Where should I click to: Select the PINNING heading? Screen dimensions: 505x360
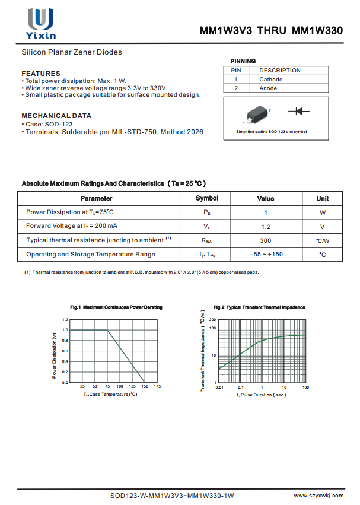tap(243, 61)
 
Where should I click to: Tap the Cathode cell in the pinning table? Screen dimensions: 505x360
tap(271, 79)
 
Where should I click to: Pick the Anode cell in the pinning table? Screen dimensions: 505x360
tap(268, 88)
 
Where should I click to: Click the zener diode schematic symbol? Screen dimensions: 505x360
tap(299, 111)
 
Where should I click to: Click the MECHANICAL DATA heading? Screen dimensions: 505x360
tap(56, 116)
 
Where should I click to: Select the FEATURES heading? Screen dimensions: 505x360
tap(41, 74)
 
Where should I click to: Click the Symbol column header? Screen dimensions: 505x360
tap(207, 198)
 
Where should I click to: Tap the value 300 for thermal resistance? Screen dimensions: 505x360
tap(266, 240)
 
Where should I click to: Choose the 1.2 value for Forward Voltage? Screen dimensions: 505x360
tap(266, 227)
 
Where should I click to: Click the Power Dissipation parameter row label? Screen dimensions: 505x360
tap(70, 212)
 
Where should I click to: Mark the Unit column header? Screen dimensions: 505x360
tap(322, 198)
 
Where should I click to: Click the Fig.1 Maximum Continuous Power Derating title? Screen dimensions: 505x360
tap(116, 307)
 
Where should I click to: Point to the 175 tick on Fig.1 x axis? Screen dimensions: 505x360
tap(157, 386)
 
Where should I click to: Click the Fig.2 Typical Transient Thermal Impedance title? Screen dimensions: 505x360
tap(259, 307)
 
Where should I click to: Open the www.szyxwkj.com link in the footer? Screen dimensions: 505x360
tap(320, 495)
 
